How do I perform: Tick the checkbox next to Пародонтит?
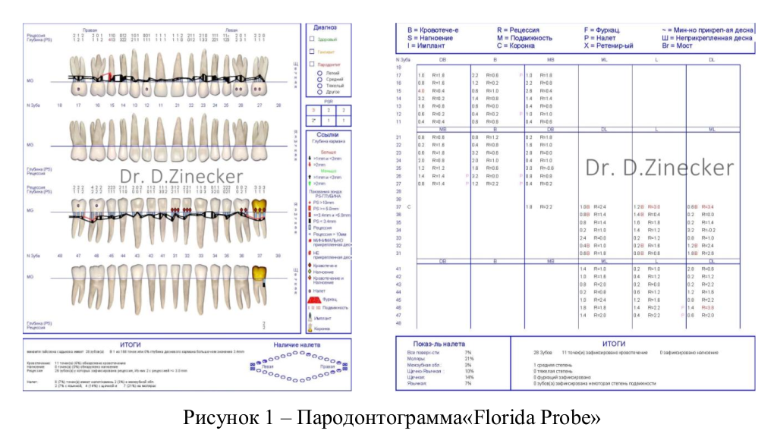click(312, 64)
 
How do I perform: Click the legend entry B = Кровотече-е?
click(433, 30)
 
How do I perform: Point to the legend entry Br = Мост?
click(678, 46)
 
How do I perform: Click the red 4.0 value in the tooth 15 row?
click(421, 91)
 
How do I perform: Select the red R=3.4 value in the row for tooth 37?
click(707, 206)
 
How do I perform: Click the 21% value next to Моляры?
click(468, 359)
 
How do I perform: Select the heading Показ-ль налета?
click(435, 344)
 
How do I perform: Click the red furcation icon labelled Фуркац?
click(316, 300)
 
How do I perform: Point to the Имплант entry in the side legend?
click(322, 319)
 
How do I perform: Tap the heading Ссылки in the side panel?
click(328, 134)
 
